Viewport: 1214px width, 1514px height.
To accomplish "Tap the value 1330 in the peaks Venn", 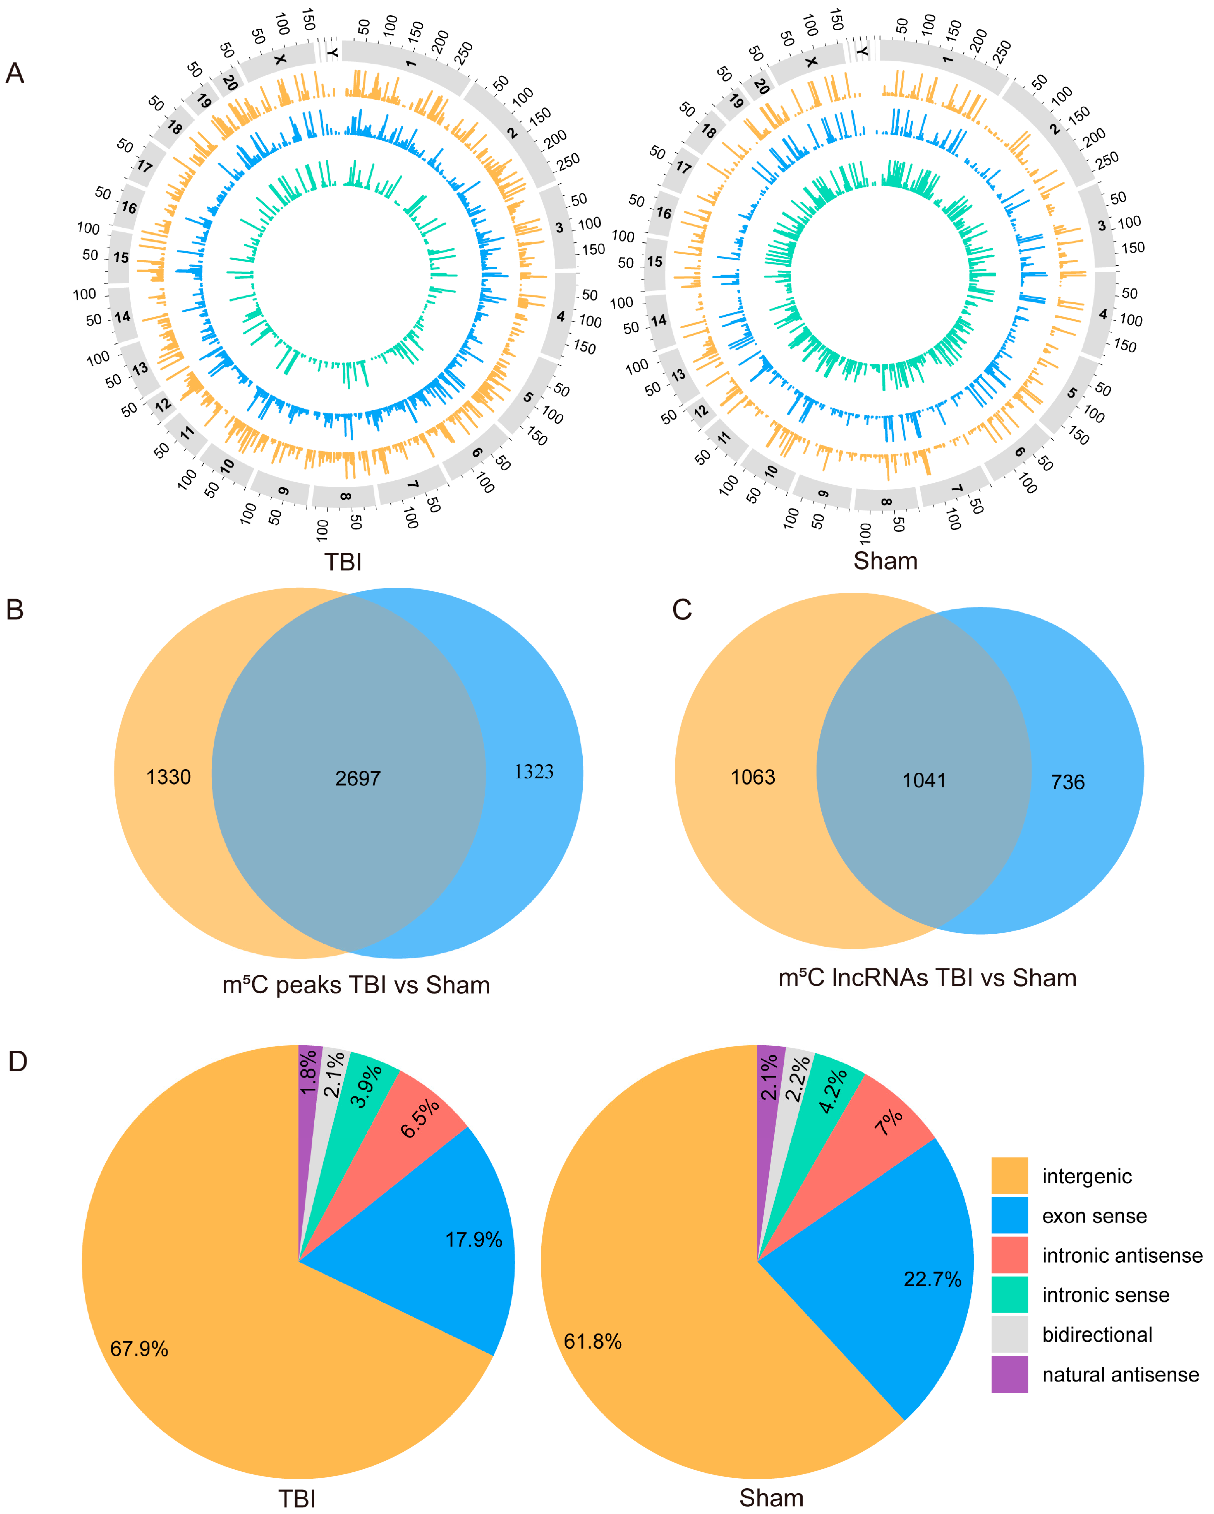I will tap(169, 777).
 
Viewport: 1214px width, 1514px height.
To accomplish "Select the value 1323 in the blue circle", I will tap(534, 772).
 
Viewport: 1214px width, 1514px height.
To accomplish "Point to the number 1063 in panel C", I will tap(753, 777).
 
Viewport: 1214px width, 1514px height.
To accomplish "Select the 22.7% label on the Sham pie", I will tap(932, 1279).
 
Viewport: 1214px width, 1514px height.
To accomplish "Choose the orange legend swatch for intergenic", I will tap(1009, 1176).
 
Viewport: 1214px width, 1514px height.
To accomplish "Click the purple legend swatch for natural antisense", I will tap(1009, 1374).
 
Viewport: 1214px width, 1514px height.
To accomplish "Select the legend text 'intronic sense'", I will tap(1106, 1295).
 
